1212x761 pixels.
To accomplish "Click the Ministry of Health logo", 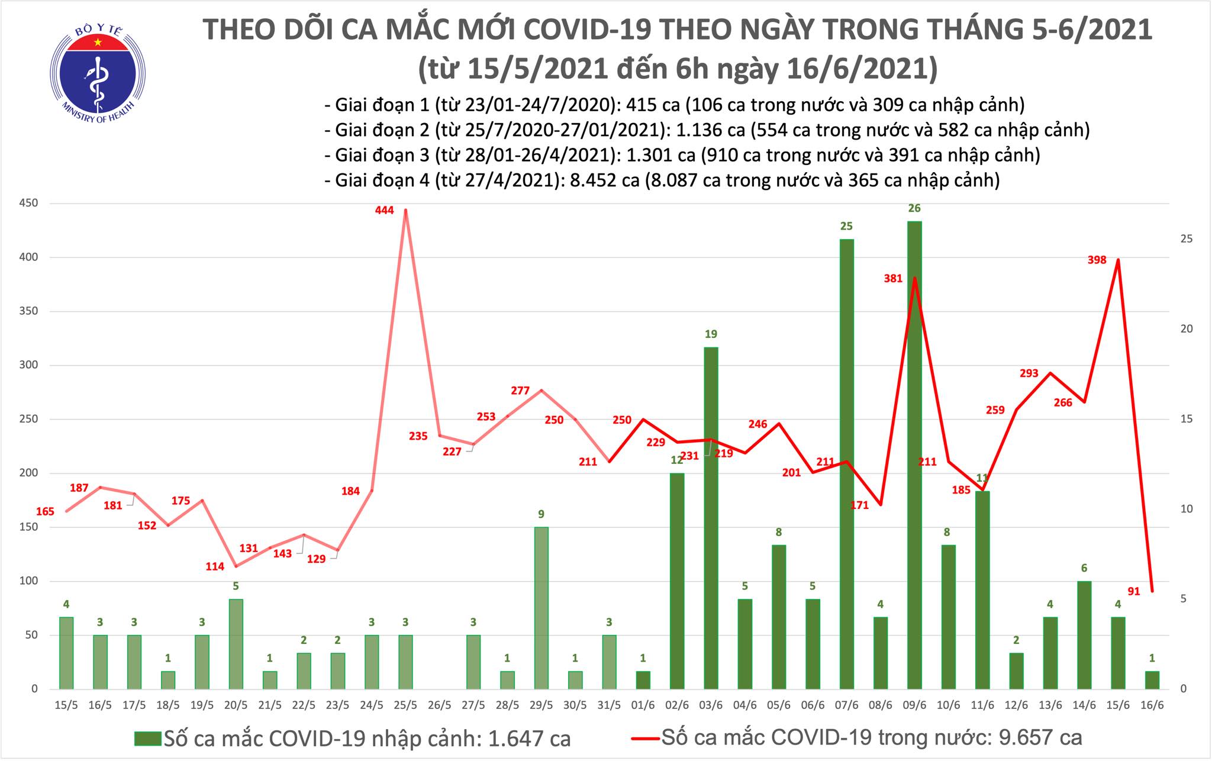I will pyautogui.click(x=97, y=69).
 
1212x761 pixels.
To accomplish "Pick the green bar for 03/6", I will pyautogui.click(x=711, y=518).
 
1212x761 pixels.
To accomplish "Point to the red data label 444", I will pyautogui.click(x=384, y=210).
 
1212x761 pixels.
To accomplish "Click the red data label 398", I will pyautogui.click(x=1097, y=260).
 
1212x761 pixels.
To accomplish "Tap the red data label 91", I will pyautogui.click(x=1134, y=591).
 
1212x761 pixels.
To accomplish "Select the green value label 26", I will pyautogui.click(x=915, y=208).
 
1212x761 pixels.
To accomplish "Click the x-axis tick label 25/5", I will pyautogui.click(x=405, y=706).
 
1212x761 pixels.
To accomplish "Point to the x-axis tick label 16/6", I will pyautogui.click(x=1152, y=706).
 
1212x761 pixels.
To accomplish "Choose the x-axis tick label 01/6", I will pyautogui.click(x=643, y=706).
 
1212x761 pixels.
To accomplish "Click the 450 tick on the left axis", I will pyautogui.click(x=29, y=204).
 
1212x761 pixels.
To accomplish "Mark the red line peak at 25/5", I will pyautogui.click(x=405, y=209).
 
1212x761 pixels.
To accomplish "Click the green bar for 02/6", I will pyautogui.click(x=676, y=581).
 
